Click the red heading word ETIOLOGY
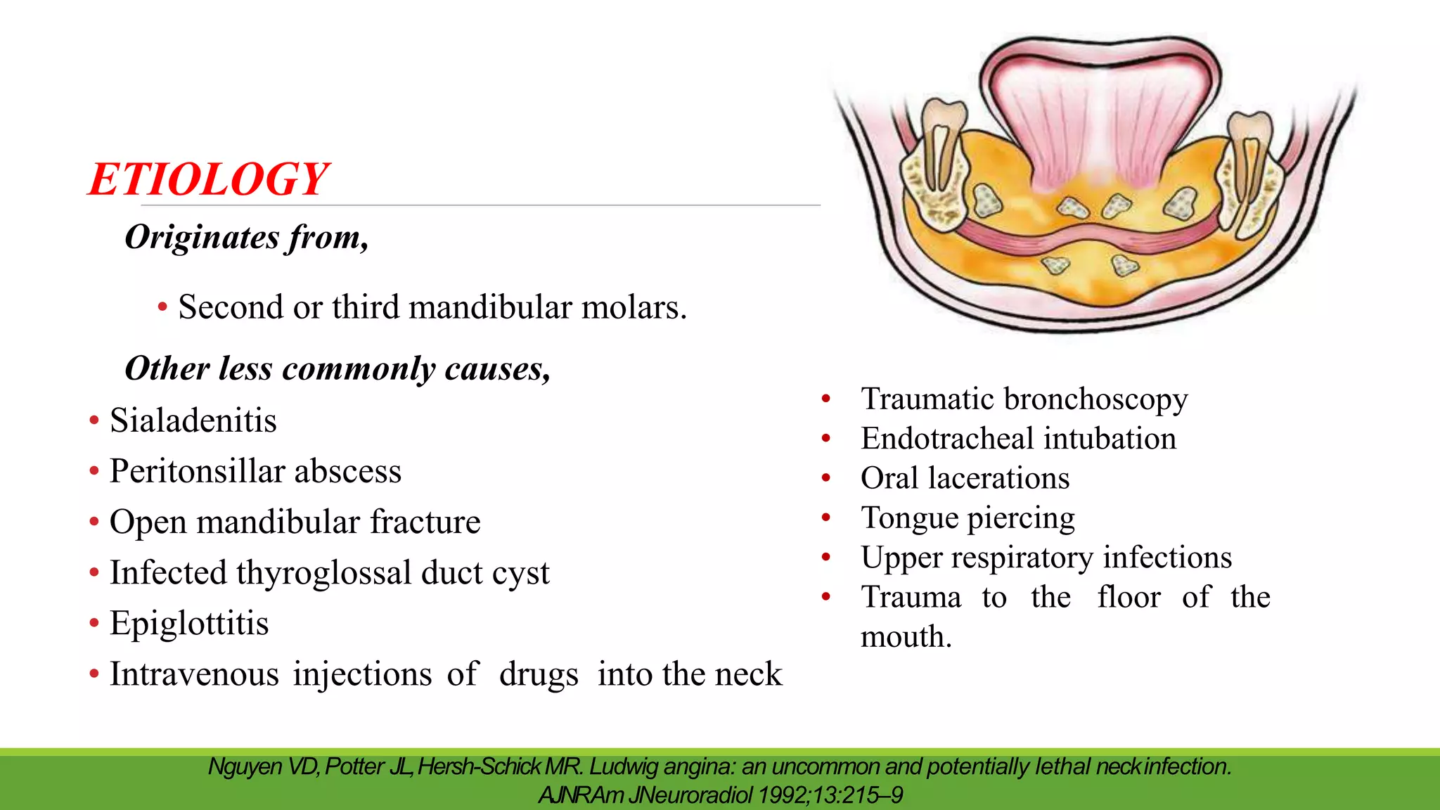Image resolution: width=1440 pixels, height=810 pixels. pos(209,179)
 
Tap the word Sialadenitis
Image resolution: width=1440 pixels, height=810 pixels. pos(193,420)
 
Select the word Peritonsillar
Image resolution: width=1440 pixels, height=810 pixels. pos(195,471)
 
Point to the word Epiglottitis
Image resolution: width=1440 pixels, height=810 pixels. pos(189,624)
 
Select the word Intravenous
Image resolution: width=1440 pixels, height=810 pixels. pos(194,674)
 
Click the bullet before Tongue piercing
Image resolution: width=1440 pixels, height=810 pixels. pos(826,518)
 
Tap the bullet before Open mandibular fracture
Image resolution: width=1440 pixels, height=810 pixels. pos(94,522)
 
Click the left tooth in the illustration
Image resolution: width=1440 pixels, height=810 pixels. pos(944,141)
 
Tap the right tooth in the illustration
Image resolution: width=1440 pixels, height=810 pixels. pos(1249,151)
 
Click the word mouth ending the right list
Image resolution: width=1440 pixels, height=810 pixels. pos(906,637)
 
